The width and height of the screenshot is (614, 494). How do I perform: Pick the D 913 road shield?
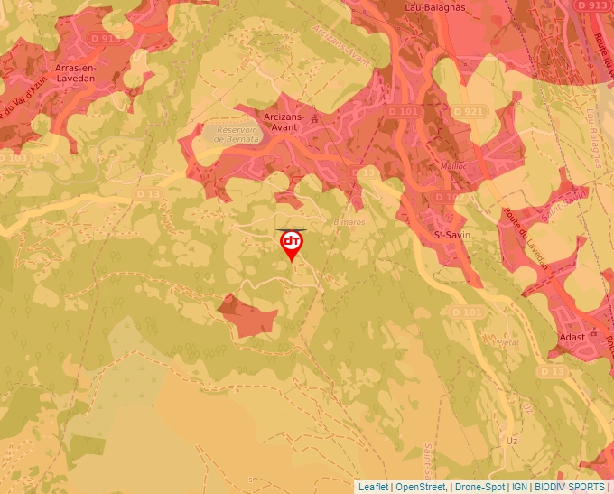click(591, 5)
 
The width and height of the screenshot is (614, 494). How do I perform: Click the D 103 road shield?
click(11, 157)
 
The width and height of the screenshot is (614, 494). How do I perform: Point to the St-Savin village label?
click(449, 236)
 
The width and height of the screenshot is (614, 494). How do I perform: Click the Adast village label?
click(572, 337)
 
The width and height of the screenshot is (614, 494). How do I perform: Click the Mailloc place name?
click(452, 166)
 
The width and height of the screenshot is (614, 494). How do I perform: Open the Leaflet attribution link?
click(373, 487)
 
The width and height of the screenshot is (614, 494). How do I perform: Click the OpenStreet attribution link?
click(421, 487)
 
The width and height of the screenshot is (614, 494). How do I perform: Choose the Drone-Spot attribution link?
click(479, 487)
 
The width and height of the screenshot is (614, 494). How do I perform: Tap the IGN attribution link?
click(519, 487)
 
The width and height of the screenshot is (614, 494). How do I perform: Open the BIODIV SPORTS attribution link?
click(570, 487)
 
